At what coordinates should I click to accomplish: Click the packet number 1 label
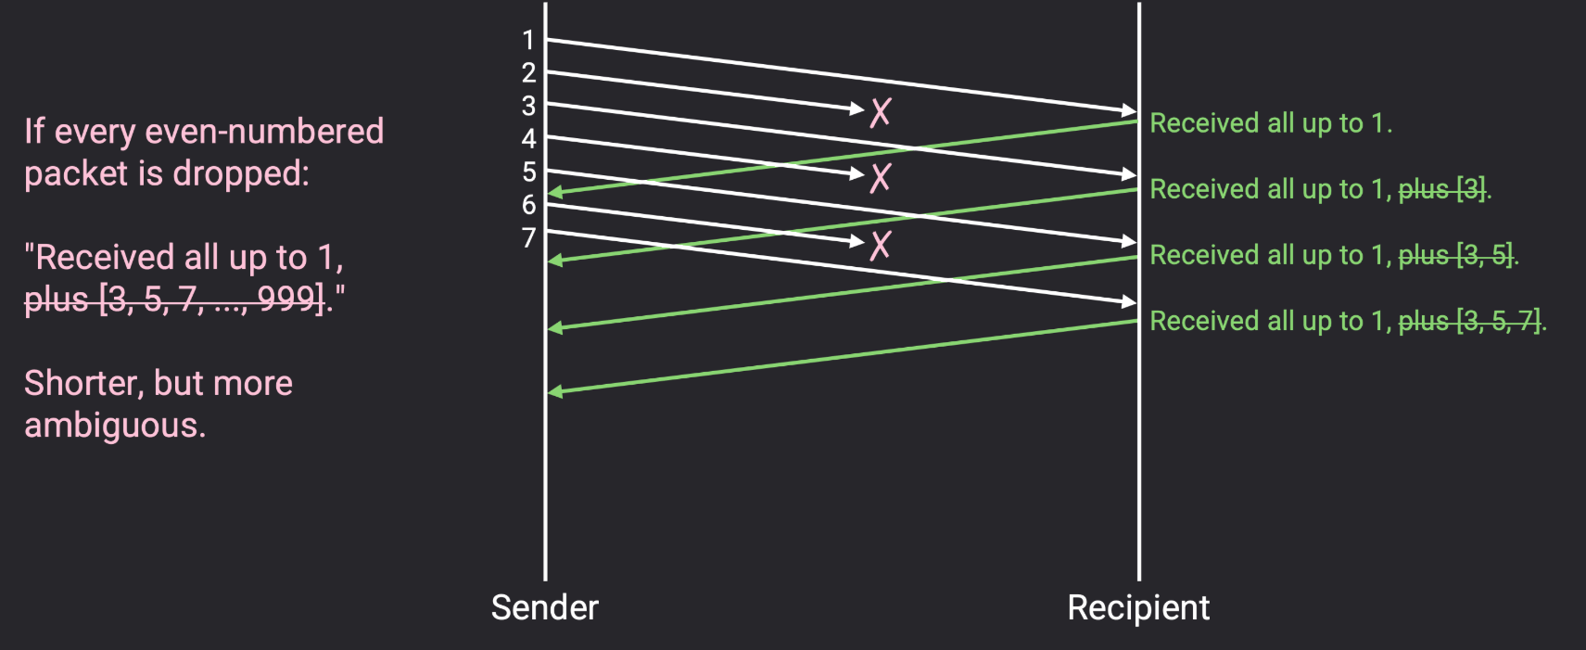(528, 40)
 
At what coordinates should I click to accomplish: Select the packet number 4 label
(528, 139)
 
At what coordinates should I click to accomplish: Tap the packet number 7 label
(528, 238)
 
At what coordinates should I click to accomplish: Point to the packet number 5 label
(528, 172)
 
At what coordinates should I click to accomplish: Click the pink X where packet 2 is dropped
(880, 112)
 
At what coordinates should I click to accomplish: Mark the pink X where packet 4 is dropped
(880, 177)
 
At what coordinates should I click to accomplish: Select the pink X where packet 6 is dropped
(880, 245)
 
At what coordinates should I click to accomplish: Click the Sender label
(544, 607)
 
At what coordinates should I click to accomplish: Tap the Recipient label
(1138, 607)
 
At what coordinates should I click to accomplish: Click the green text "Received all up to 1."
(1270, 123)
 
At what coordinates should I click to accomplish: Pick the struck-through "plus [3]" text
(1441, 189)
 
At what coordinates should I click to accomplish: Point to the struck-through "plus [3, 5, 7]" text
(1469, 321)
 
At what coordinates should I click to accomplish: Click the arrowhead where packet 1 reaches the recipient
(1129, 111)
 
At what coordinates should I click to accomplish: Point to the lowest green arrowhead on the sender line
(555, 392)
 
